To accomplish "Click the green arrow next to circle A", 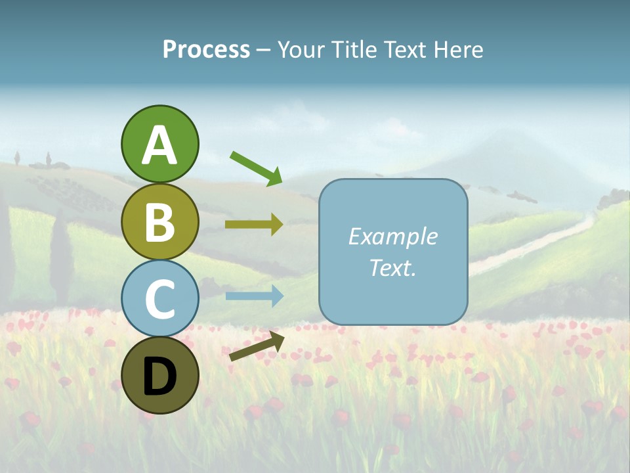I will (x=256, y=168).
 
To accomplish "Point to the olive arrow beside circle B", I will (x=254, y=224).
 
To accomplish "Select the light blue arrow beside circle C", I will (x=254, y=296).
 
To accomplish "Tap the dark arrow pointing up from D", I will (x=257, y=347).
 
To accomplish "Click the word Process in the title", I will (x=206, y=50).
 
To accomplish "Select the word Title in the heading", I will (x=354, y=50).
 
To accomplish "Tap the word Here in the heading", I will (x=459, y=50).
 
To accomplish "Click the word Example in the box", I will (x=392, y=236).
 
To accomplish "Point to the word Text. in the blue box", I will (x=392, y=267).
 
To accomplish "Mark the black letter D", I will (x=159, y=376).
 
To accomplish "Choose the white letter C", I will (x=159, y=300).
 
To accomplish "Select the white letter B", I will (x=159, y=223).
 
